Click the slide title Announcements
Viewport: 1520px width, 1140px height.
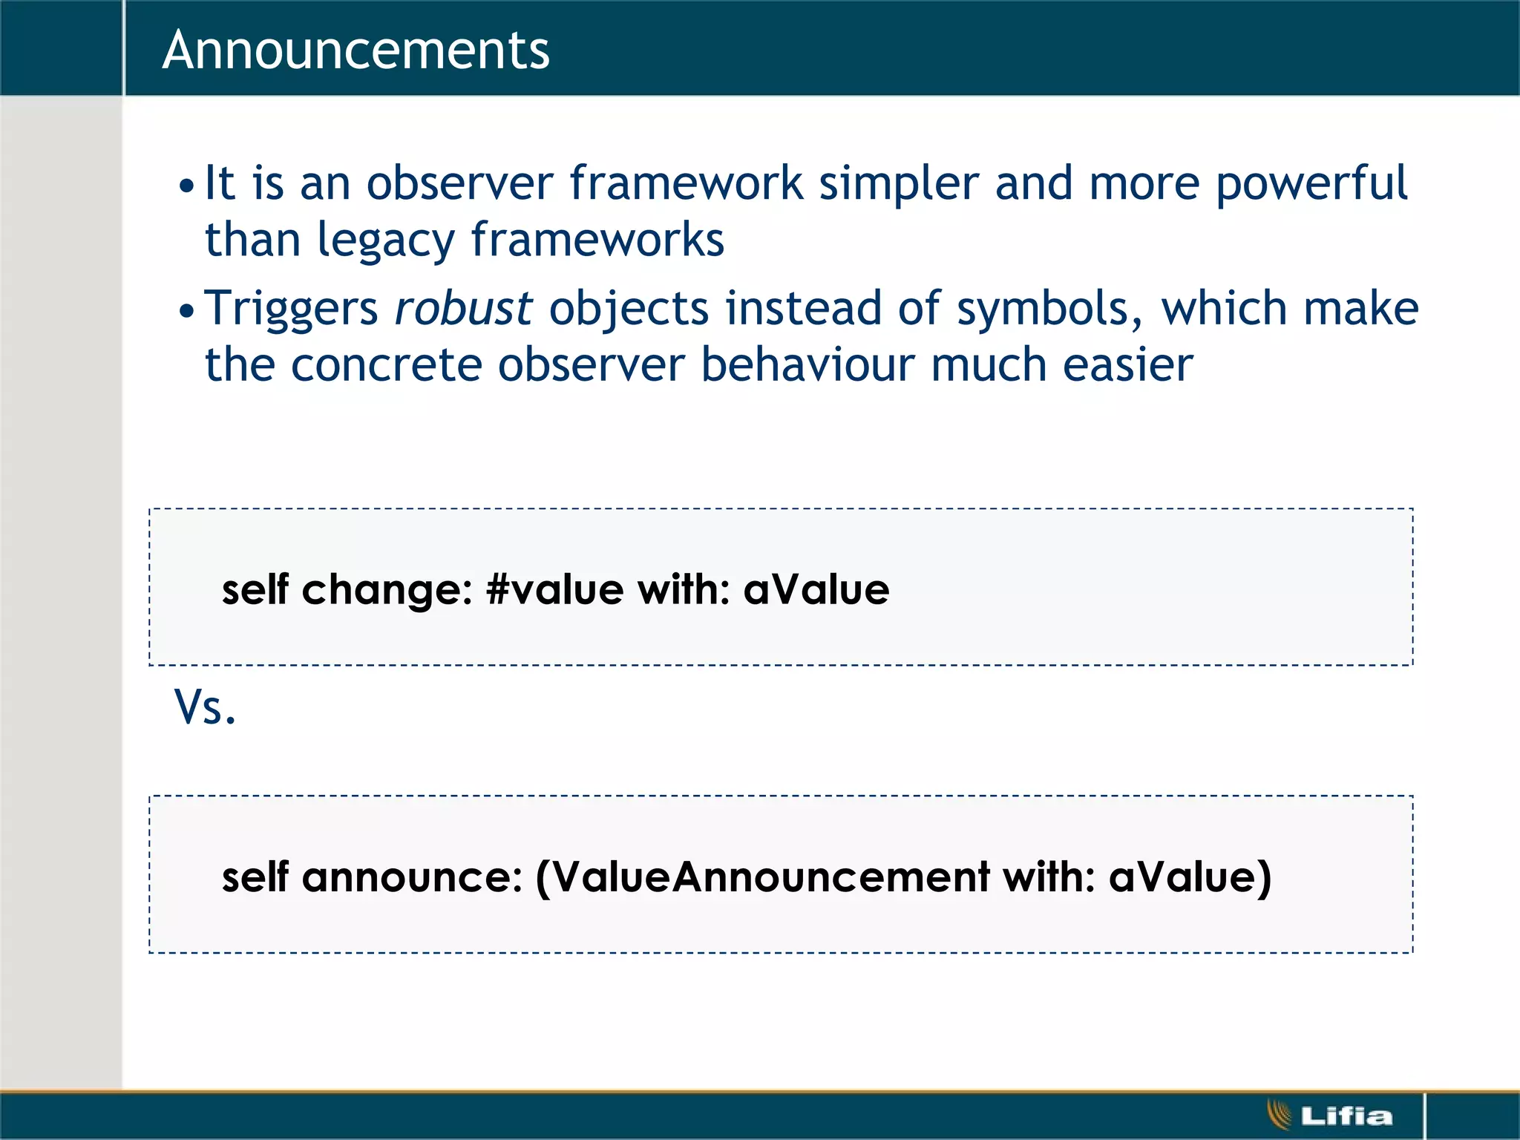point(356,50)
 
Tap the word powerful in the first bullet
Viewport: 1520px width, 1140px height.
point(1311,183)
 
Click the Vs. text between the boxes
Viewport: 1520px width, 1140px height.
point(205,707)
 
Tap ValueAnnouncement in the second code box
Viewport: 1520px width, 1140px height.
point(771,877)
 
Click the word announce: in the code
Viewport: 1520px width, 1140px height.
point(412,877)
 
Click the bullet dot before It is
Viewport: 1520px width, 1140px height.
point(186,186)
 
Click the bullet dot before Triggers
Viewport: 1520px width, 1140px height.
point(186,311)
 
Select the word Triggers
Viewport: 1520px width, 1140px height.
point(291,308)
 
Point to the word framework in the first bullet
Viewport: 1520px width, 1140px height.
point(686,183)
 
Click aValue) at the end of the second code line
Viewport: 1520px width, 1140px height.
point(1190,877)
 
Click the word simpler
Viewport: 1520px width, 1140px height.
point(898,183)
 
